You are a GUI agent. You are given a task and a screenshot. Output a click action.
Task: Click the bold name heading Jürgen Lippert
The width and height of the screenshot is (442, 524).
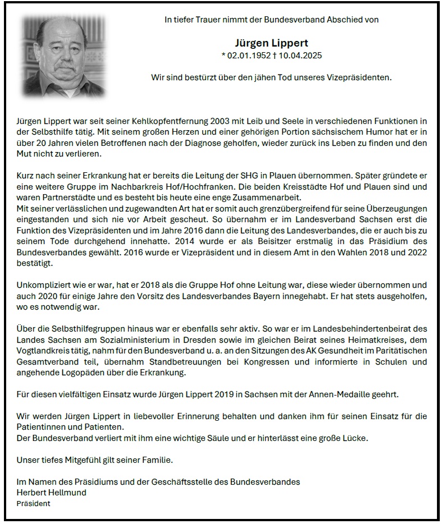(x=272, y=43)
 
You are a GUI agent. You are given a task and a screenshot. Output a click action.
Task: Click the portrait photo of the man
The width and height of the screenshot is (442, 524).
(x=63, y=56)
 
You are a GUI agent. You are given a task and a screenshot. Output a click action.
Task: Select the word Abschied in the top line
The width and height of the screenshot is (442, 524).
(x=346, y=20)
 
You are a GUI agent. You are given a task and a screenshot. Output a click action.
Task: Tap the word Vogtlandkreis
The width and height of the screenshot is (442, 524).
(x=44, y=351)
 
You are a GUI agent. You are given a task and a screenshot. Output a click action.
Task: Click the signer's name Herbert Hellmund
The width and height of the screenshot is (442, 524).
(x=52, y=493)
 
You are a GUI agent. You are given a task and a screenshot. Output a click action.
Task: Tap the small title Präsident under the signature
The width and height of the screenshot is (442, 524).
(x=33, y=503)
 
